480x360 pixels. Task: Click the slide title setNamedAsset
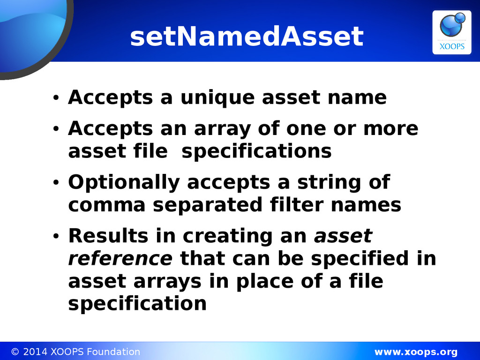point(247,37)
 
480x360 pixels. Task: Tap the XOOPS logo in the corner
point(451,32)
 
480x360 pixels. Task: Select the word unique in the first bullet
point(217,98)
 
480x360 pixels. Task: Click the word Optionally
point(124,183)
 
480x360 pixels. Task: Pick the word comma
point(106,205)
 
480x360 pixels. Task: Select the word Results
point(108,236)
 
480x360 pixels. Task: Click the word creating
point(228,236)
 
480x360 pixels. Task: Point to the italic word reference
point(120,258)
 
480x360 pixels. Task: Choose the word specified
point(360,259)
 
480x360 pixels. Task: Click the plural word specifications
point(256,151)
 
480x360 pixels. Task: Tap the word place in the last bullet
point(265,282)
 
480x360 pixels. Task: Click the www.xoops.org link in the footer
point(416,352)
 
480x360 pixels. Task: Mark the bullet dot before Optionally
point(56,183)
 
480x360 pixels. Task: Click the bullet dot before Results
point(56,236)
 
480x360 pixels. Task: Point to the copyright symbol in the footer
point(15,352)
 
